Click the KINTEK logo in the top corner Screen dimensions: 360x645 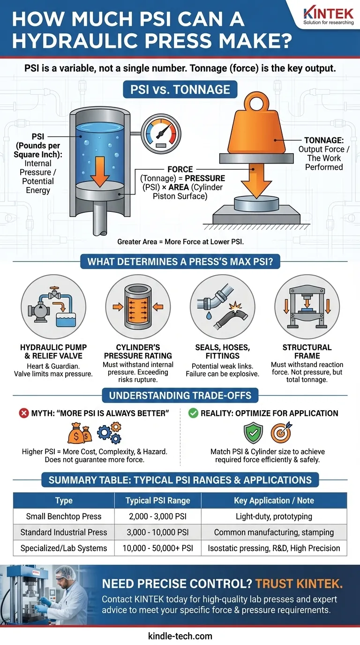click(328, 16)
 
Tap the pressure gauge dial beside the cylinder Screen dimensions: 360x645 click(161, 134)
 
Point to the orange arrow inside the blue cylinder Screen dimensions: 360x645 click(100, 172)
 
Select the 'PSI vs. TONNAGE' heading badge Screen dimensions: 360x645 click(180, 90)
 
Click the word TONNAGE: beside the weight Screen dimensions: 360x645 click(324, 140)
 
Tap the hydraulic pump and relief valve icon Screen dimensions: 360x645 click(53, 307)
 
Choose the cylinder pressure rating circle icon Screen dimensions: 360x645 click(138, 307)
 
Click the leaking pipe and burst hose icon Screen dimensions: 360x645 click(222, 307)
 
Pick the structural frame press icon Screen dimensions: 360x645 click(307, 307)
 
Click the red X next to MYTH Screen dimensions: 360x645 click(24, 413)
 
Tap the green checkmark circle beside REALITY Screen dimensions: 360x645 click(193, 413)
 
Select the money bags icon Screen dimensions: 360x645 click(80, 433)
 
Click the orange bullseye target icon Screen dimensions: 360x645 click(281, 433)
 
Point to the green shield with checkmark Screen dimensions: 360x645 click(254, 433)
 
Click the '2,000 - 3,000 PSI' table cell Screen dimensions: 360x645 click(158, 516)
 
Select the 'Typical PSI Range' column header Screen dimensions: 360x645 click(158, 501)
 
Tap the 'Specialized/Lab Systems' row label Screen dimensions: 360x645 click(64, 548)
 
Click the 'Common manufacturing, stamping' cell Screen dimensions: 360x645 click(274, 532)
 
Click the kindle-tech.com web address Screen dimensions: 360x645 click(180, 636)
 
